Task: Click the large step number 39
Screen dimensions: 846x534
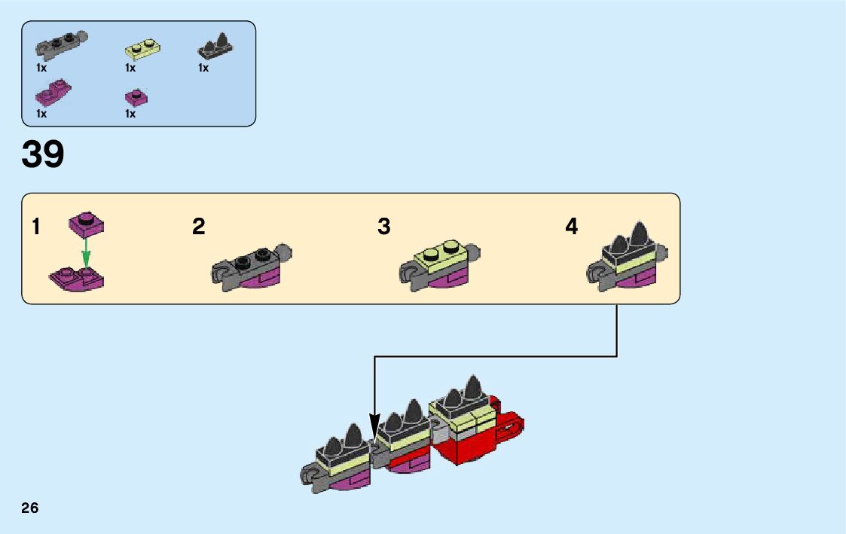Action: point(43,154)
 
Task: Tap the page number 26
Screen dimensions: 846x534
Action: point(30,508)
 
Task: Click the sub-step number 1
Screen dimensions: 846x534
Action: point(36,226)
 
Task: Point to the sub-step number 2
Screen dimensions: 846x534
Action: point(199,226)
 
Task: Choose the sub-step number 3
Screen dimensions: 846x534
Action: point(384,226)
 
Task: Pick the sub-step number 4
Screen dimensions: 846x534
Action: point(572,226)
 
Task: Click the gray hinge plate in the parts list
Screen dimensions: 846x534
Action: point(63,45)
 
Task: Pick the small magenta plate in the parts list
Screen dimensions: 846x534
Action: point(136,97)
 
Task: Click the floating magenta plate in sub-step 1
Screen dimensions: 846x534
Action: point(87,223)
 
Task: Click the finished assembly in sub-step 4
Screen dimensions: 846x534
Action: point(625,260)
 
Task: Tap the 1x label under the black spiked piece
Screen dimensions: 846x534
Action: point(203,68)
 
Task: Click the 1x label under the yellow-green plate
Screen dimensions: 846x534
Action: point(130,68)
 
